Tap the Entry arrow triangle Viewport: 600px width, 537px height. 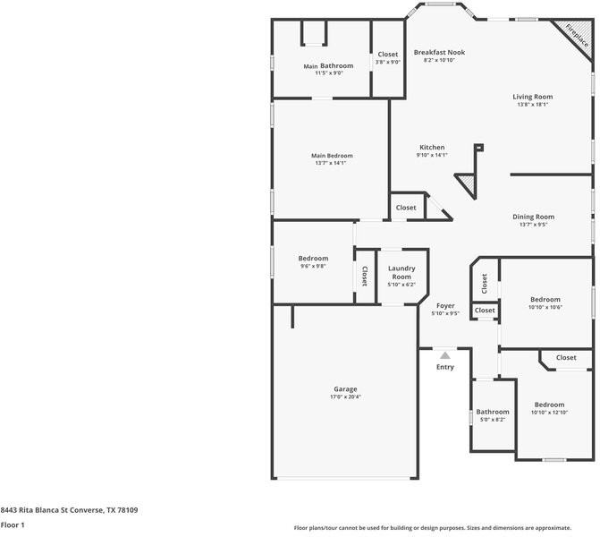pyautogui.click(x=445, y=355)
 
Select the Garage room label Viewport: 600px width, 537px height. pyautogui.click(x=345, y=389)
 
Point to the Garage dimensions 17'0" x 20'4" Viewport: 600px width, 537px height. pyautogui.click(x=345, y=397)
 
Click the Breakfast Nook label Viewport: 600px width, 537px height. pyautogui.click(x=439, y=53)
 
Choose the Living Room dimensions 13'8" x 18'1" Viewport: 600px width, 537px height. pyautogui.click(x=532, y=105)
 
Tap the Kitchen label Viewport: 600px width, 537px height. pyautogui.click(x=432, y=148)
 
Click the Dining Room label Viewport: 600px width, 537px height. pyautogui.click(x=533, y=217)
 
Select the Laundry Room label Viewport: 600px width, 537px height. pyautogui.click(x=401, y=273)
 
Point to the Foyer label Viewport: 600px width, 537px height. pyautogui.click(x=445, y=306)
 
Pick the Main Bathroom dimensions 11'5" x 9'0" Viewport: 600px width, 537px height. pyautogui.click(x=328, y=73)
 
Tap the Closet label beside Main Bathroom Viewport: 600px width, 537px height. pyautogui.click(x=388, y=55)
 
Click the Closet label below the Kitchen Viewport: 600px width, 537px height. pyautogui.click(x=406, y=208)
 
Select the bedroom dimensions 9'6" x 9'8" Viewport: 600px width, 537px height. pyautogui.click(x=313, y=267)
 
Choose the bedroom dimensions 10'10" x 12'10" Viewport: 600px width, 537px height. pyautogui.click(x=549, y=413)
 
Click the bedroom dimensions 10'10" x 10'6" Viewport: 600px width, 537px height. pyautogui.click(x=545, y=308)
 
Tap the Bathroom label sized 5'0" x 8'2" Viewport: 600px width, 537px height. pyautogui.click(x=493, y=412)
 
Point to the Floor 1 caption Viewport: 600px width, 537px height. pyautogui.click(x=13, y=524)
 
